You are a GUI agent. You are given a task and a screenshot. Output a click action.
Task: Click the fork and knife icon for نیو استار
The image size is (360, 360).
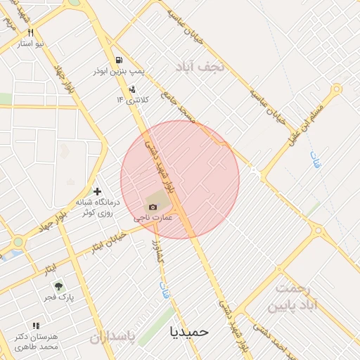coord(30,32)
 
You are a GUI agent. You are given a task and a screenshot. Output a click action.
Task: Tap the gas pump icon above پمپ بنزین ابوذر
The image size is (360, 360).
coord(120,60)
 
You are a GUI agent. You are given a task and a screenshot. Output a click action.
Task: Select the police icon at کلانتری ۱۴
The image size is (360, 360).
coord(132,89)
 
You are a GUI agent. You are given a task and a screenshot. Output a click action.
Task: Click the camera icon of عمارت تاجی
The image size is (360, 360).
coord(153,207)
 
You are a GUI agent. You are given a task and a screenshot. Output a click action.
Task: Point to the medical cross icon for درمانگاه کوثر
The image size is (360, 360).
coord(97,191)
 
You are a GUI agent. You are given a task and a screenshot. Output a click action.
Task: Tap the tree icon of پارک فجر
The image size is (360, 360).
coord(59,286)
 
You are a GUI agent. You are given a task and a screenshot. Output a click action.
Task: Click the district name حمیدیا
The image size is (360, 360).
coord(190,330)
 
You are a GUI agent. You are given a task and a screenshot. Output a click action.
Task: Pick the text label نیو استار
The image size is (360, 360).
coord(31,44)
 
